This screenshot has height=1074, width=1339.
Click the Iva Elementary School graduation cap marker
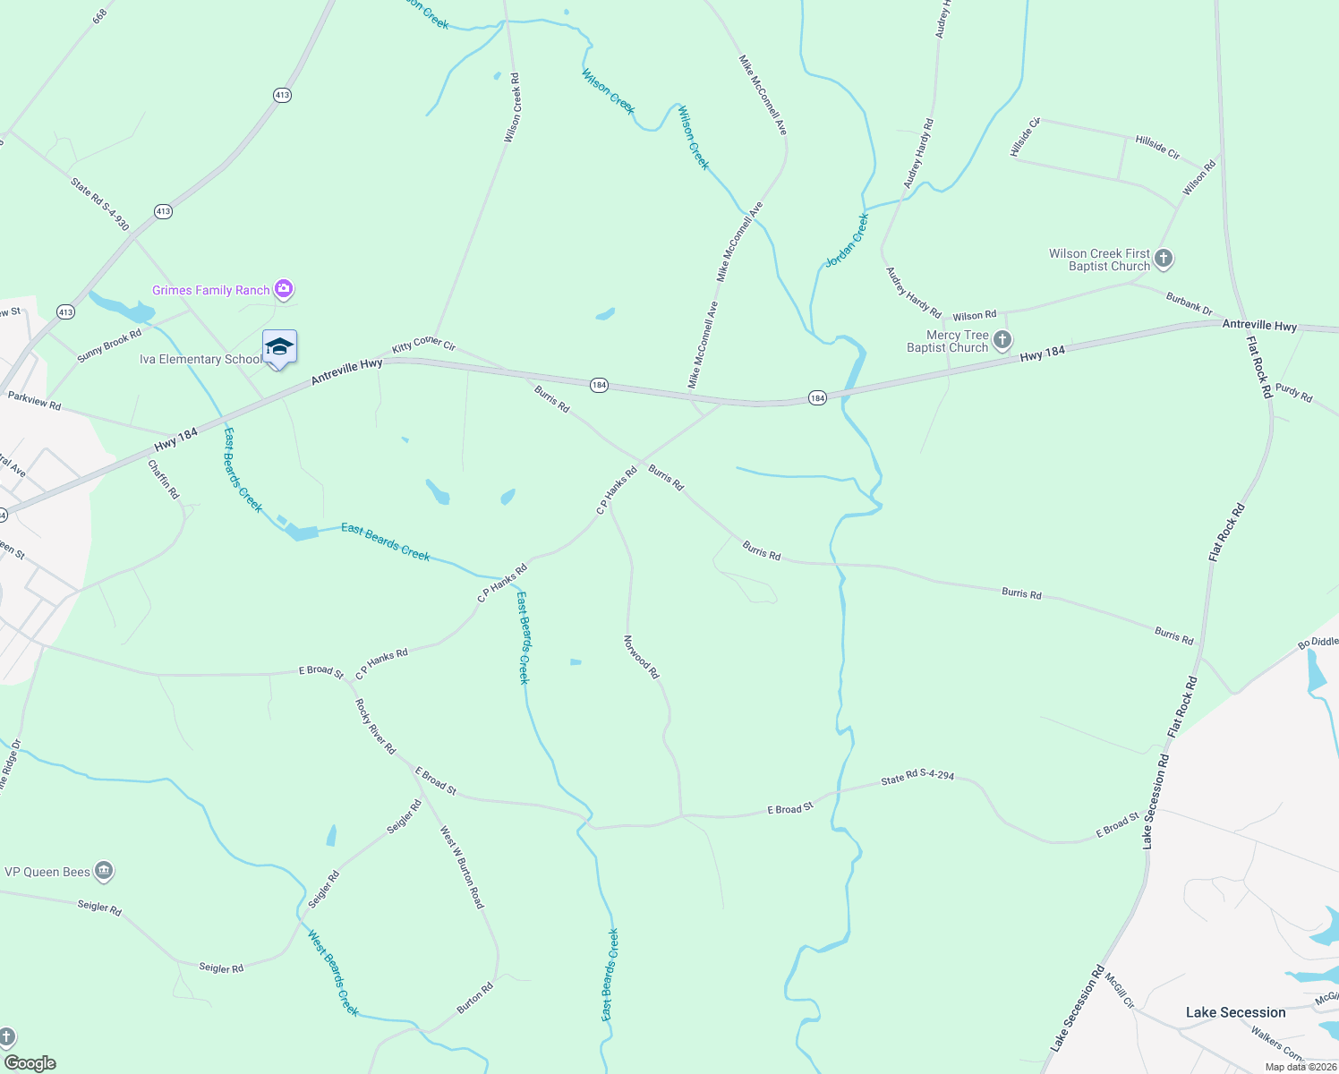pyautogui.click(x=279, y=347)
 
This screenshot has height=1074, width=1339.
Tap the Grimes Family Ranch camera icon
pyautogui.click(x=284, y=289)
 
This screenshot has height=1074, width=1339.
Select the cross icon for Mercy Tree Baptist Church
pyautogui.click(x=1002, y=340)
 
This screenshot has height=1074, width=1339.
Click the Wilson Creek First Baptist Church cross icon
pyautogui.click(x=1163, y=260)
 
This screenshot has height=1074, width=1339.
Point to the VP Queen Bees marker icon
pyautogui.click(x=104, y=871)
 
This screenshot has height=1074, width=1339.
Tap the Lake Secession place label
pyautogui.click(x=1235, y=1012)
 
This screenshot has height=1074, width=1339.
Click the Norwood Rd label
pyautogui.click(x=641, y=657)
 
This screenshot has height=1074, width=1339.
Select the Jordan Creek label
pyautogui.click(x=847, y=240)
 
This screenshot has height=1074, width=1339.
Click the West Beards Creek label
pyautogui.click(x=333, y=973)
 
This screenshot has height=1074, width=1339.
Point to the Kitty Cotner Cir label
pyautogui.click(x=423, y=345)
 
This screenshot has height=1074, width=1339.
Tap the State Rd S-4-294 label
pyautogui.click(x=917, y=778)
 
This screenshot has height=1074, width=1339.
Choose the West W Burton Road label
pyautogui.click(x=462, y=867)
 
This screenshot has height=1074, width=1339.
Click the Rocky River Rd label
pyautogui.click(x=375, y=726)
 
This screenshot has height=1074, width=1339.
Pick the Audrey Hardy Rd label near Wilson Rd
pyautogui.click(x=913, y=293)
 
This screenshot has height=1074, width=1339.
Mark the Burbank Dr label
pyautogui.click(x=1189, y=303)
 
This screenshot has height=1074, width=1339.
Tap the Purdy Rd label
pyautogui.click(x=1293, y=392)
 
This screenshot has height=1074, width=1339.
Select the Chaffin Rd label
pyautogui.click(x=164, y=480)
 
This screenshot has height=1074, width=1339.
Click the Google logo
pyautogui.click(x=30, y=1062)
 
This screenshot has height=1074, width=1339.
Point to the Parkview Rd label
pyautogui.click(x=34, y=400)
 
